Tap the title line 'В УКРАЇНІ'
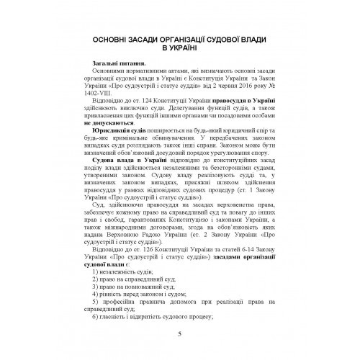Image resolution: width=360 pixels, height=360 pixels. click(x=179, y=48)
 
